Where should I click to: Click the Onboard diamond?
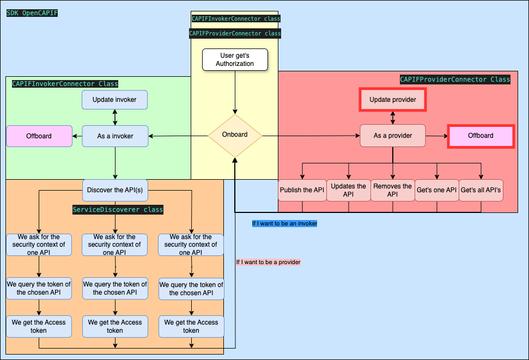point(235,135)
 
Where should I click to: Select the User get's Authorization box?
point(235,60)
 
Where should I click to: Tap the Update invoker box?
point(115,100)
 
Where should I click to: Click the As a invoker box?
point(115,136)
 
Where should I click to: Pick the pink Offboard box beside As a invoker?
point(39,136)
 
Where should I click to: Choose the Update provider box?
point(393,100)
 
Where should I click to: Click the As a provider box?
point(393,136)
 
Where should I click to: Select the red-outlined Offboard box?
point(481,136)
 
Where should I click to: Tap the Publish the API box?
point(302,190)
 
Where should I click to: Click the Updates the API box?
point(349,190)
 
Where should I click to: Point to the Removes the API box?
point(393,190)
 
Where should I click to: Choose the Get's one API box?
point(436,190)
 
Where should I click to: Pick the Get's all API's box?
point(481,190)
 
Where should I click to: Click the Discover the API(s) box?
point(115,190)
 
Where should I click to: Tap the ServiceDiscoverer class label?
point(118,210)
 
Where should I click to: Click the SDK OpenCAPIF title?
point(32,13)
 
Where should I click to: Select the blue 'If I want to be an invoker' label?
point(284,223)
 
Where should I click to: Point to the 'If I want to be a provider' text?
point(268,262)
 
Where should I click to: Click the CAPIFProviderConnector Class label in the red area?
point(455,80)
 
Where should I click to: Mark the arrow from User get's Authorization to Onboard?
point(235,93)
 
